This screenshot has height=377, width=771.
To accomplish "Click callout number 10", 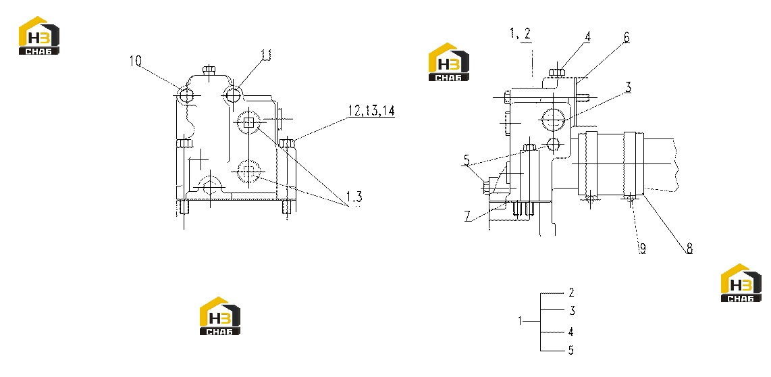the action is [135, 61].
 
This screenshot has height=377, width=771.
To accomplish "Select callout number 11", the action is [265, 55].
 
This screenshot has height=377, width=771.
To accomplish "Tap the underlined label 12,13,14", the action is [371, 111].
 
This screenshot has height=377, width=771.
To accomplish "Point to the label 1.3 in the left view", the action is [354, 197].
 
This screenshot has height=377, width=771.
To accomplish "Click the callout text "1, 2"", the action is [521, 34].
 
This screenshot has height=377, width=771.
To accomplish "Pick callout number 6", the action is [626, 38].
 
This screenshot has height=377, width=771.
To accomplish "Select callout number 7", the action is [469, 216].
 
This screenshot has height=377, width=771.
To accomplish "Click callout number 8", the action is [689, 249].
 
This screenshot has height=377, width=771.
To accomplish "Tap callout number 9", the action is [642, 249].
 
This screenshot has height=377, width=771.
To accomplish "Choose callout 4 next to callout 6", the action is [587, 37].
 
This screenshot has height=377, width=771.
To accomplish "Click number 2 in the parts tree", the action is [571, 293].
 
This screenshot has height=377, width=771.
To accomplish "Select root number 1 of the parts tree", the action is [521, 322].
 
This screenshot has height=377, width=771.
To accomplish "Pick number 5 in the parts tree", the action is [571, 351].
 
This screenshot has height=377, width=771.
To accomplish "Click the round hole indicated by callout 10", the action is [187, 95].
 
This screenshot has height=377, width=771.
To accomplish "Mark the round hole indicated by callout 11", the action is [233, 93].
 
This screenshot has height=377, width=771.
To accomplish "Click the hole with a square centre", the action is [249, 122].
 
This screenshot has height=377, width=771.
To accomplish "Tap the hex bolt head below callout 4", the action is [556, 73].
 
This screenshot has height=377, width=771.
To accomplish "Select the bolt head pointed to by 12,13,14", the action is [287, 143].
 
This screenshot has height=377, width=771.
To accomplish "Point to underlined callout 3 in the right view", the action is [628, 88].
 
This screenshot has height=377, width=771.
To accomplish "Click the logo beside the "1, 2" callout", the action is [449, 62].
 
